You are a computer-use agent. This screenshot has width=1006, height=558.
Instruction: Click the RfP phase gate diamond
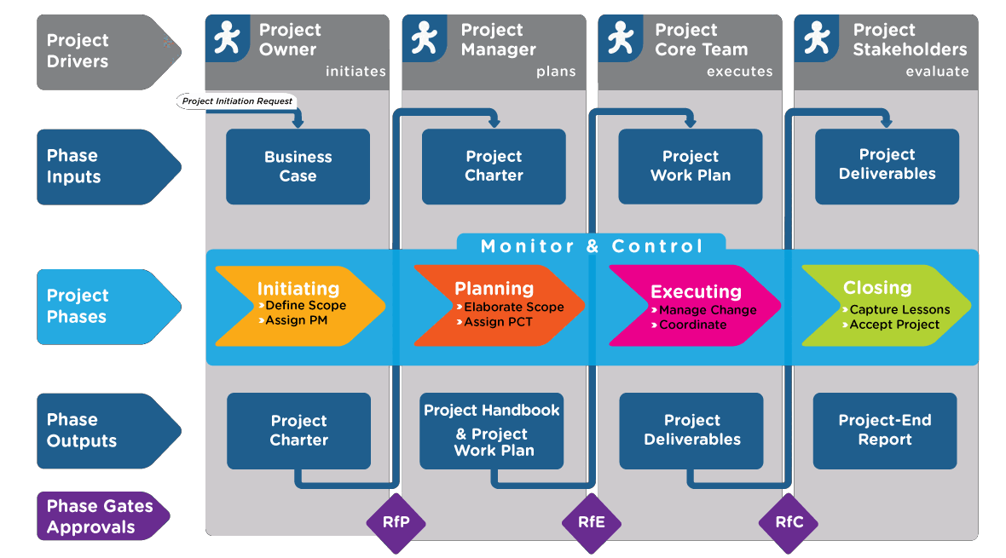coord(395,522)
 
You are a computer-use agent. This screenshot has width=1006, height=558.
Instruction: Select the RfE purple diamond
coord(591,522)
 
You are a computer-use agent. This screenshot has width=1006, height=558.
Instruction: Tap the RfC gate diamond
coord(789,522)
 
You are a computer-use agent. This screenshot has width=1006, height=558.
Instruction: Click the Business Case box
coord(298,166)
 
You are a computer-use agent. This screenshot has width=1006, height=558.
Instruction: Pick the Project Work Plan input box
coord(691,166)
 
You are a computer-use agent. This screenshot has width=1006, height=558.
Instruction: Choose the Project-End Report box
coord(885,430)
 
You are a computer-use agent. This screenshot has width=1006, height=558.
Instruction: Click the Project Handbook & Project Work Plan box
coord(492,430)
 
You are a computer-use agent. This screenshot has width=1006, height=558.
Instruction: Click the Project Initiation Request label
coord(238,101)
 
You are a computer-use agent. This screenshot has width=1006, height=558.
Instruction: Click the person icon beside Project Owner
coord(227,38)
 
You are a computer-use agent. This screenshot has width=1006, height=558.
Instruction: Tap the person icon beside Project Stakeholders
coord(816,38)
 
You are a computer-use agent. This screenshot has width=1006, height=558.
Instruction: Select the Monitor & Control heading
coord(592,246)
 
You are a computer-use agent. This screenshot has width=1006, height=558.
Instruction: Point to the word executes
coord(739,72)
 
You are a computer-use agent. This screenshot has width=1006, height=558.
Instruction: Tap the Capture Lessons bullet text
coord(899,309)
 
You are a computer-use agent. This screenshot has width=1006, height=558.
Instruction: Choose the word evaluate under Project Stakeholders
coord(937,72)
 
